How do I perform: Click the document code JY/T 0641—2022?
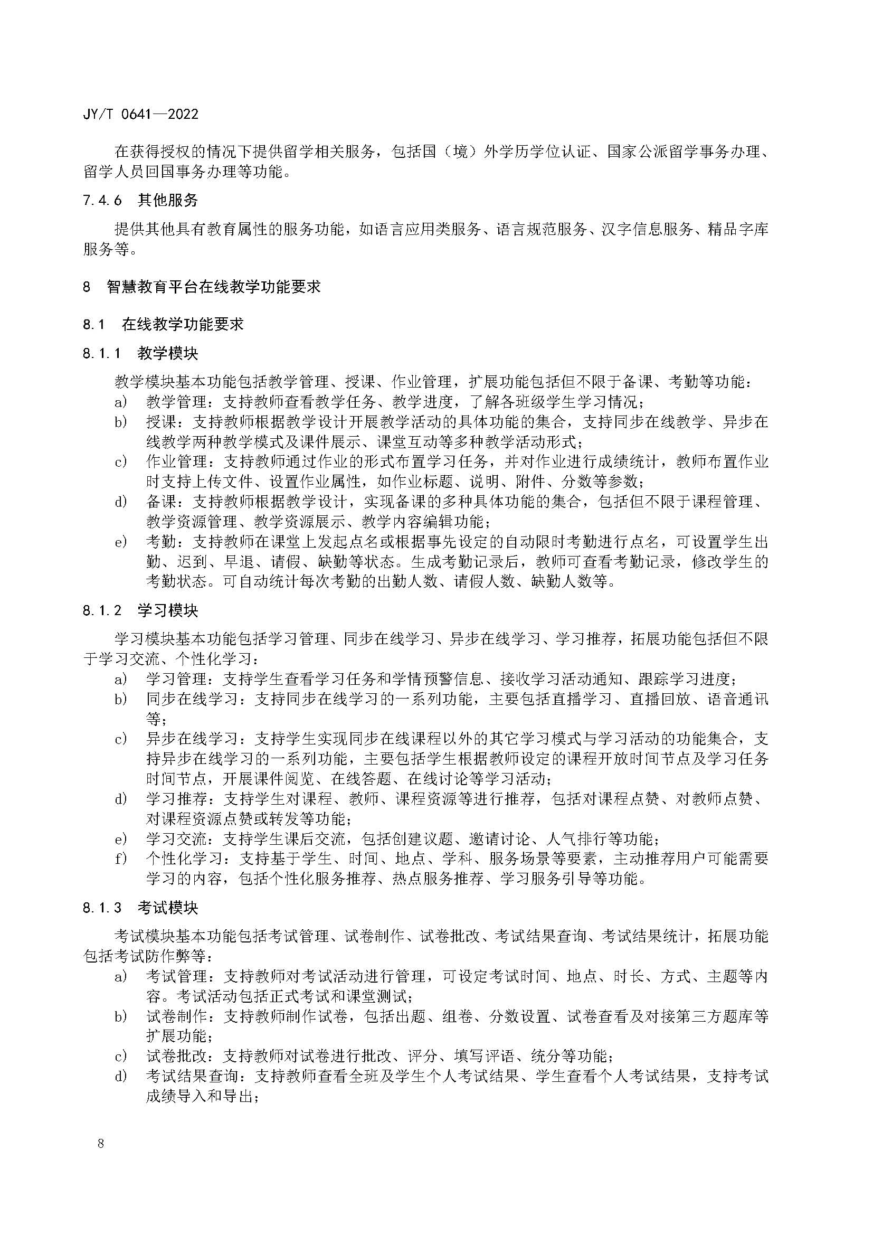[x=141, y=114]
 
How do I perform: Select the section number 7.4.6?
[x=103, y=201]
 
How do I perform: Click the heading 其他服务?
[x=168, y=201]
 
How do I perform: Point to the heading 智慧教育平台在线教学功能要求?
[x=213, y=286]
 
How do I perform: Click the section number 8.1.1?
[x=103, y=353]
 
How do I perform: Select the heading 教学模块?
[x=168, y=353]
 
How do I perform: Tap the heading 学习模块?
[x=168, y=610]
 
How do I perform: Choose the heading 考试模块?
[x=168, y=908]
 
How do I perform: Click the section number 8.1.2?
[x=103, y=610]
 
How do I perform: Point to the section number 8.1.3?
[x=103, y=908]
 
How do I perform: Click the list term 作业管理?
[x=176, y=461]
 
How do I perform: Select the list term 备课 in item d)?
[x=161, y=502]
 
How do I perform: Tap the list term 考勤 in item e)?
[x=161, y=542]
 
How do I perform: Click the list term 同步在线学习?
[x=192, y=699]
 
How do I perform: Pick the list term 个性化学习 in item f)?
[x=184, y=859]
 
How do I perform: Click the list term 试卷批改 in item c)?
[x=176, y=1056]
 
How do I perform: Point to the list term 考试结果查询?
[x=192, y=1076]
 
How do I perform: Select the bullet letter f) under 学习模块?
[x=120, y=859]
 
